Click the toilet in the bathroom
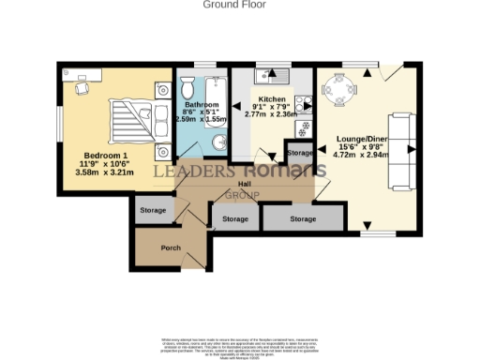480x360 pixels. click(x=186, y=89)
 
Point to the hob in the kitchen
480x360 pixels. click(x=305, y=128)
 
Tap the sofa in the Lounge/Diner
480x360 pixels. click(x=401, y=150)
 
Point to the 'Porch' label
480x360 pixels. click(x=171, y=247)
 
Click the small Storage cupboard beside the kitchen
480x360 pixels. click(x=299, y=152)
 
